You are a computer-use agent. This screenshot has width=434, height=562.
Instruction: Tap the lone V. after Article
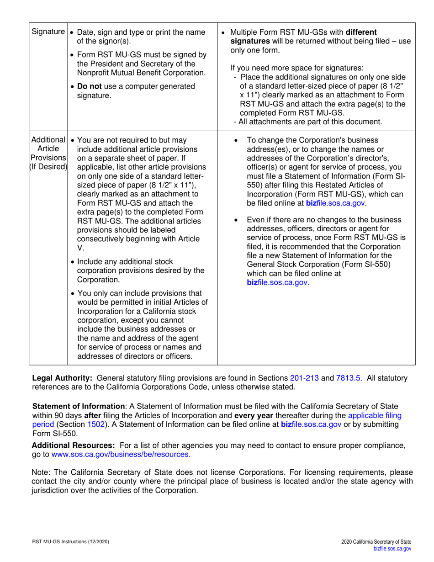click(x=81, y=248)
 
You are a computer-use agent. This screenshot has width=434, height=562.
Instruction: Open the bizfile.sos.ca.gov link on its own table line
click(x=278, y=282)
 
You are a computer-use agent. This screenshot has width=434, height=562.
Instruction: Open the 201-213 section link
click(x=304, y=378)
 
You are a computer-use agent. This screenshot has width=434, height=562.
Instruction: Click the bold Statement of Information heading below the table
click(x=79, y=406)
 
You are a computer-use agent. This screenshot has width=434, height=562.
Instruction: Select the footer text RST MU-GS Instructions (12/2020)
click(x=70, y=541)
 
